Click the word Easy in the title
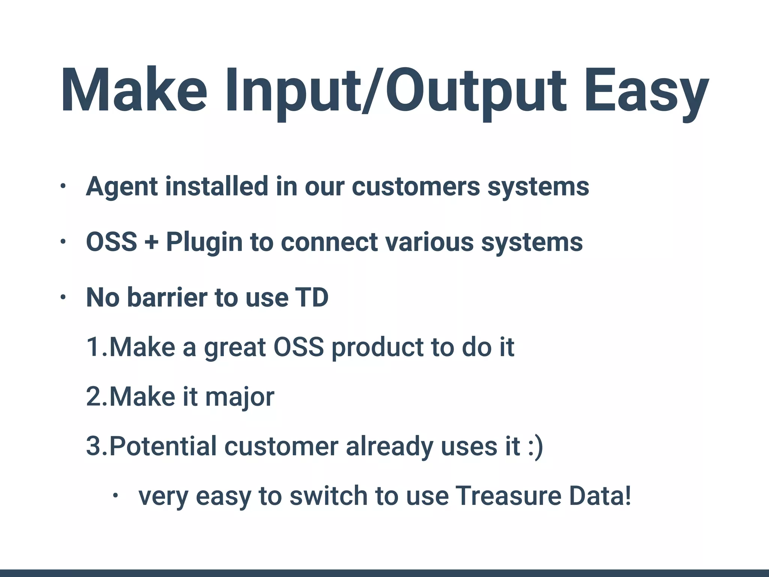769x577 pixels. pos(646,92)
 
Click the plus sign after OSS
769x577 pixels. pos(151,242)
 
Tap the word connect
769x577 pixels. pos(329,242)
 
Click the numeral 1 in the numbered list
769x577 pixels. pos(93,347)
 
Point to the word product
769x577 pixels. pos(377,347)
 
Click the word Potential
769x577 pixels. pos(163,446)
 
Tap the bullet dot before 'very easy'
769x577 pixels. pos(115,496)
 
